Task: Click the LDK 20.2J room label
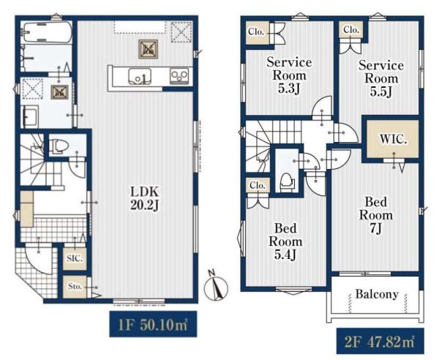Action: click(145, 198)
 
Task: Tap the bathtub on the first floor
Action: click(48, 33)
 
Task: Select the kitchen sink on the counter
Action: click(140, 76)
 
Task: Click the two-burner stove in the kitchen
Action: click(179, 76)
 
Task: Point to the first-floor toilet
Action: click(59, 146)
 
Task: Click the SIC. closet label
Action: click(75, 259)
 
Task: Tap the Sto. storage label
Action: click(75, 287)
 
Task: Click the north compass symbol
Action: click(216, 286)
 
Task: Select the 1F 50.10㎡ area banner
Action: click(153, 324)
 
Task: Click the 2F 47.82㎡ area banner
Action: click(380, 341)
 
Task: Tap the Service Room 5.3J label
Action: click(289, 75)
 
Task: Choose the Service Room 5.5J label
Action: click(381, 78)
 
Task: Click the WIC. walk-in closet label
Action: click(393, 139)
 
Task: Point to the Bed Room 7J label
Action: click(376, 215)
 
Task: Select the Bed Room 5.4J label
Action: click(285, 241)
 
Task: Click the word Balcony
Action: click(377, 294)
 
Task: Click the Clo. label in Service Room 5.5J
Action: click(351, 29)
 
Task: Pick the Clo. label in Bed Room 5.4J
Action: click(258, 185)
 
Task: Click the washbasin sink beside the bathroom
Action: click(31, 117)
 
